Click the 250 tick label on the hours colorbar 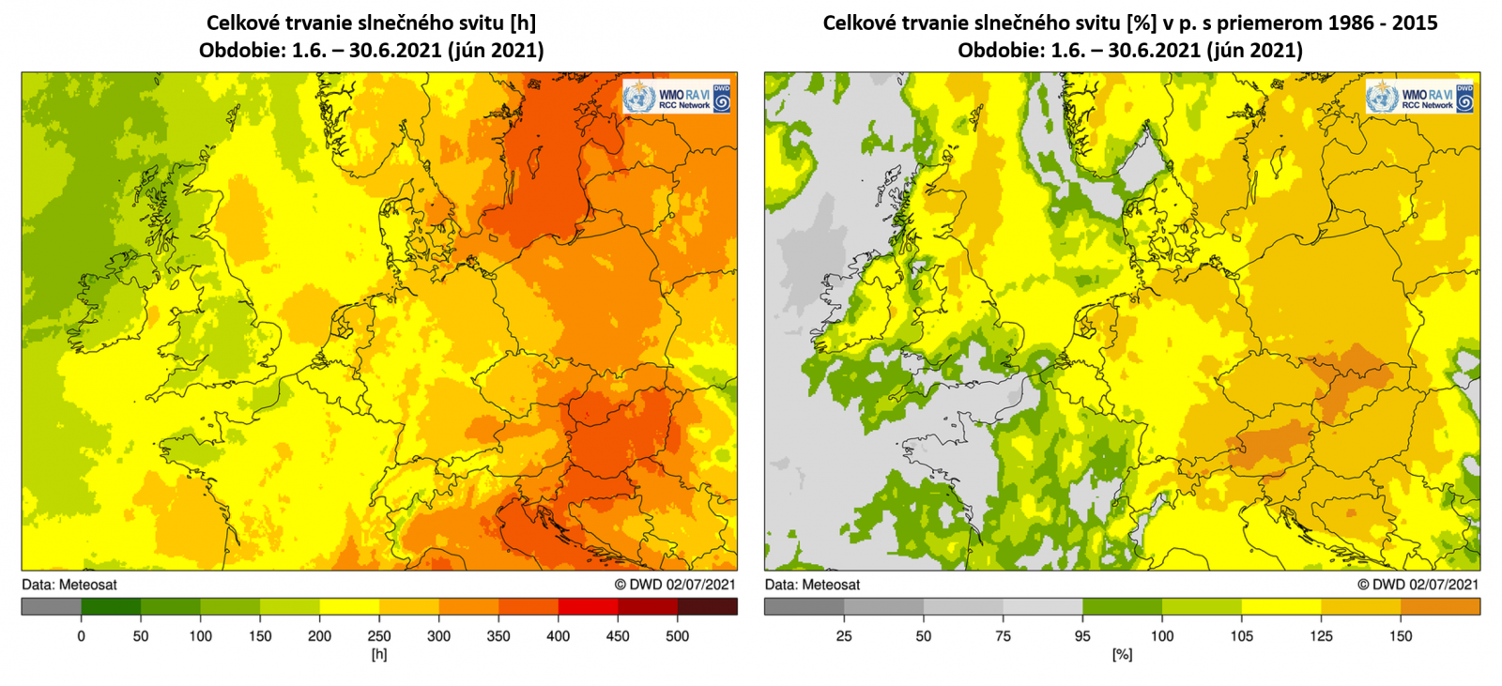coord(379,636)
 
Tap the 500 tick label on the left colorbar coord(677,636)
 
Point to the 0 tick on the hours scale coord(81,636)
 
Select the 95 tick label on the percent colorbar coord(1082,636)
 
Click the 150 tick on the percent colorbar coord(1401,636)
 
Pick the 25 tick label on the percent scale coord(844,636)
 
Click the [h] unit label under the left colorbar coord(379,654)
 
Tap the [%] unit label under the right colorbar coord(1122,654)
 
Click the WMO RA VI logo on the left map coord(676,97)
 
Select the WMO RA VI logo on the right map coord(1418,97)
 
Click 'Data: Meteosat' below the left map coord(69,585)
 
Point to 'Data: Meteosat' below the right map coord(812,585)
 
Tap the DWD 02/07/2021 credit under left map coord(675,585)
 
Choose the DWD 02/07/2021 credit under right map coord(1418,585)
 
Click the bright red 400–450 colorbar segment coord(588,607)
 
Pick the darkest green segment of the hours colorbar coord(111,607)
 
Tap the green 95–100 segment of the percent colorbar coord(1122,607)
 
